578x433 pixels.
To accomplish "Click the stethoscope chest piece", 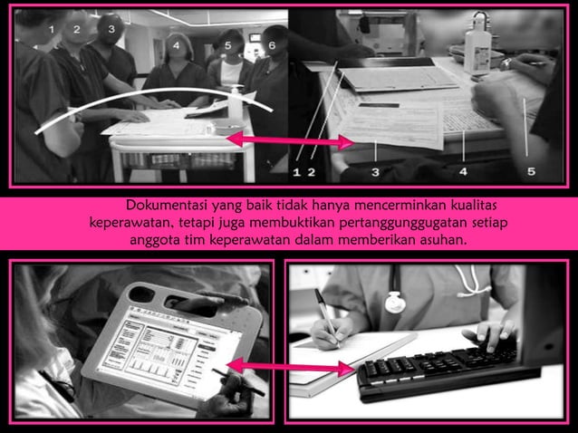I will (x=395, y=301).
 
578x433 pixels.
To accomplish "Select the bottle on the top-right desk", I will (x=478, y=38).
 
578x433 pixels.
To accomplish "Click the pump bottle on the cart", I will (x=236, y=104).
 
